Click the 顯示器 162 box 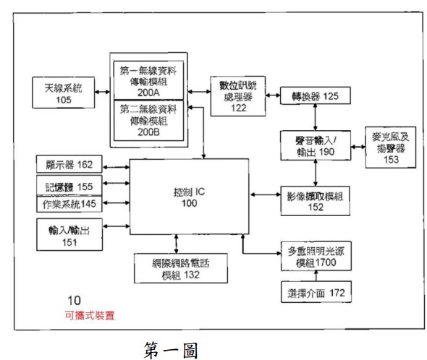click(x=69, y=164)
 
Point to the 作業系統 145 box click(x=69, y=205)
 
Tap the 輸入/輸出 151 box click(x=69, y=236)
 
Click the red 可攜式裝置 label click(x=89, y=315)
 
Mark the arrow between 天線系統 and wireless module click(x=101, y=93)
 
